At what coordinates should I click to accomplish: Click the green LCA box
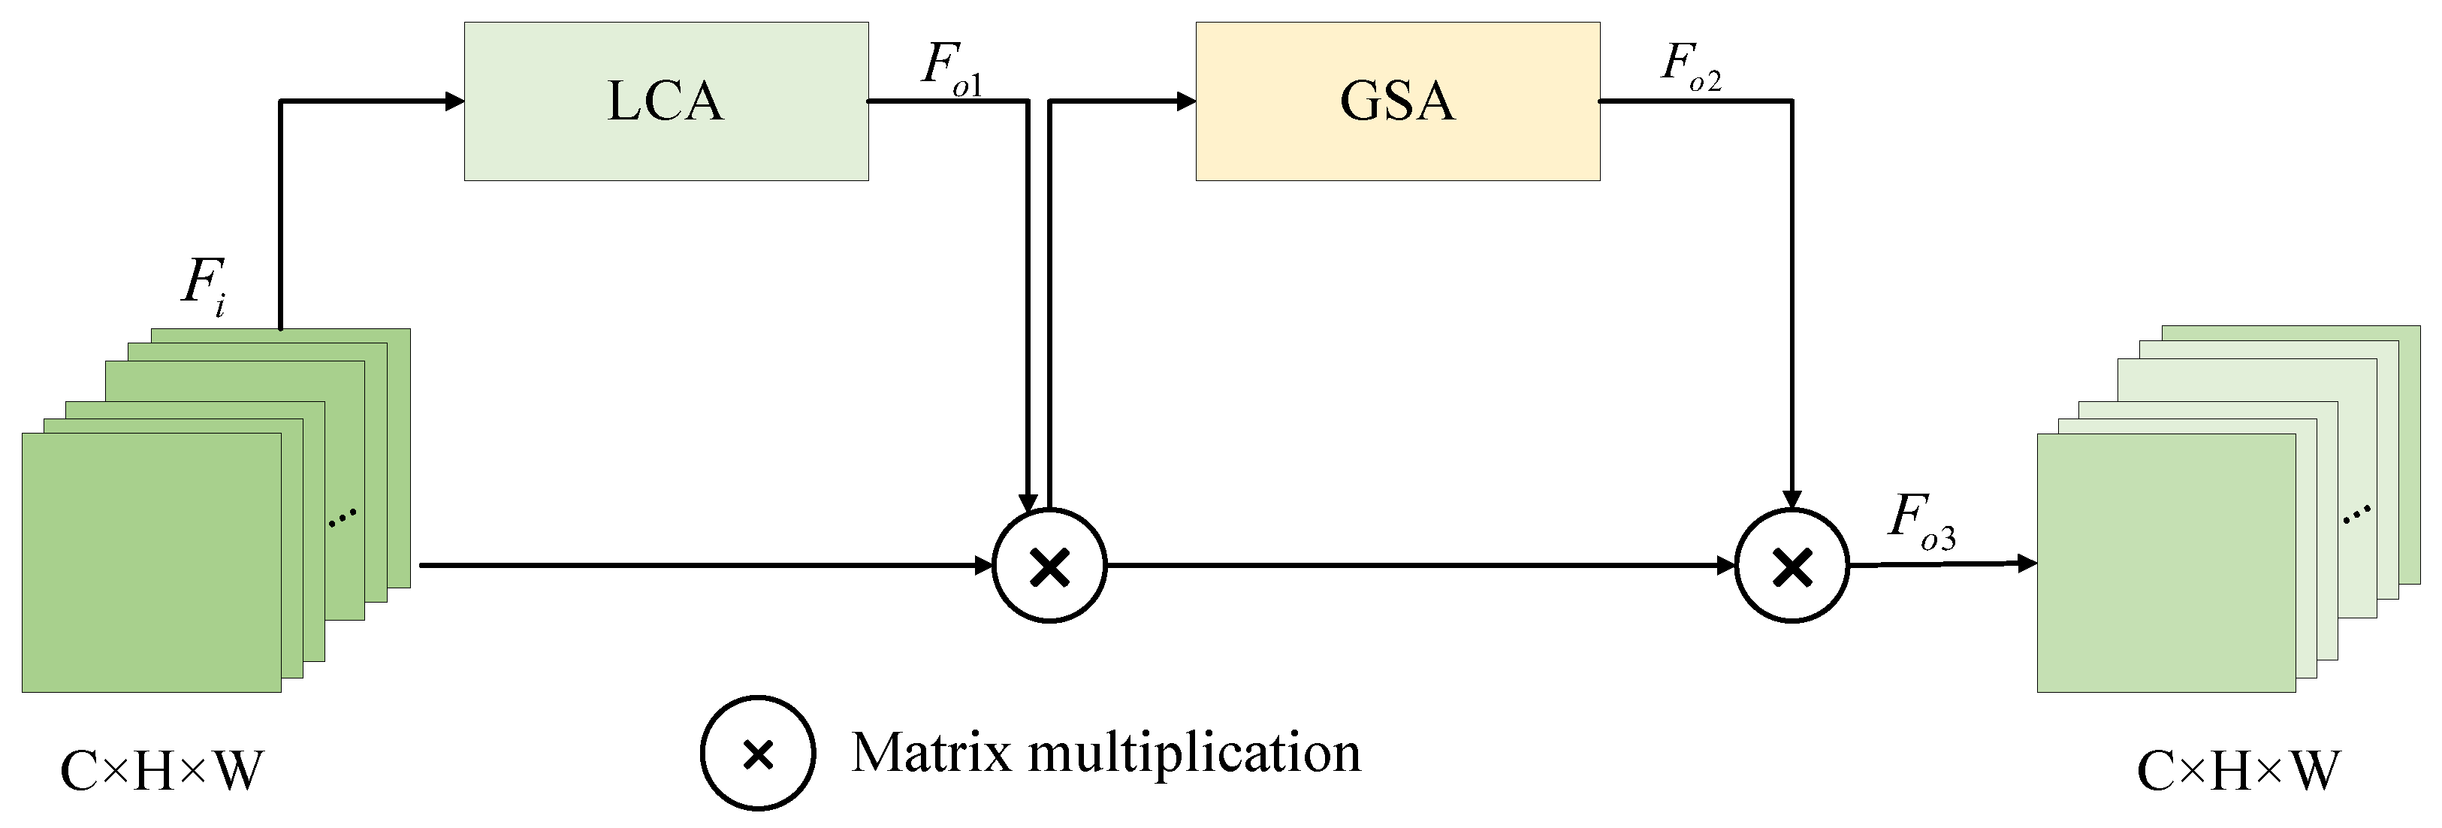[x=666, y=101]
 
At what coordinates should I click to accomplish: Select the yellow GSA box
[x=1397, y=101]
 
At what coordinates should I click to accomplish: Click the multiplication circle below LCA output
[x=1049, y=567]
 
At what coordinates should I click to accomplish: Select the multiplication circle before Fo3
[x=1792, y=567]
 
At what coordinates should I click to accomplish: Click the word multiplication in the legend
[x=1194, y=755]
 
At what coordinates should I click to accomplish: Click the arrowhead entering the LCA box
[x=455, y=101]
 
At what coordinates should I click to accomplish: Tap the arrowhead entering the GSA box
[x=1186, y=101]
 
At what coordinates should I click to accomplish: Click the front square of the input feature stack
[x=152, y=563]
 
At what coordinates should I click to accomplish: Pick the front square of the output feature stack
[x=2166, y=563]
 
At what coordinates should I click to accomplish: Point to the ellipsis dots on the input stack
[x=343, y=517]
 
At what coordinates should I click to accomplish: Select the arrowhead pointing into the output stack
[x=2027, y=564]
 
